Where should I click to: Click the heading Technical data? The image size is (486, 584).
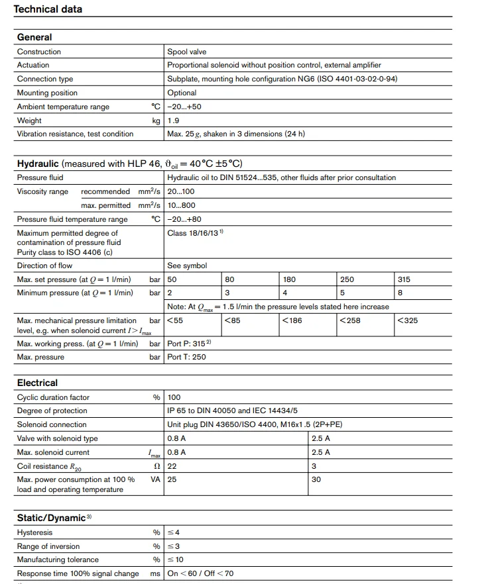tap(48, 9)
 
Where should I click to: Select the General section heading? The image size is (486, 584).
tap(34, 38)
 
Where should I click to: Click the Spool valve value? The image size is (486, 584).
tap(187, 52)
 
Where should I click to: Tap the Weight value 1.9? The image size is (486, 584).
tap(173, 121)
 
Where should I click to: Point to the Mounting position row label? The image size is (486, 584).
tap(47, 93)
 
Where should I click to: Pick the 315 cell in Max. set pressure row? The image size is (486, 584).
tap(404, 279)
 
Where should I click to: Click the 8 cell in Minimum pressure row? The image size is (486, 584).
tap(400, 293)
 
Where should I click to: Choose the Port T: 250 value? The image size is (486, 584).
tap(186, 357)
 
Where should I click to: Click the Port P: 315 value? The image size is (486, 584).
tap(188, 344)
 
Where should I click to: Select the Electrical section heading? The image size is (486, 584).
tap(37, 383)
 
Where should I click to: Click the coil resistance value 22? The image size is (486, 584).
tap(172, 465)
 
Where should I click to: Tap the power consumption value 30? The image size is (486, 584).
tap(316, 479)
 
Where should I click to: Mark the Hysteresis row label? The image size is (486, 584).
tap(34, 532)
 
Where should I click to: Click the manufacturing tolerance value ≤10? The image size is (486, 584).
tap(176, 560)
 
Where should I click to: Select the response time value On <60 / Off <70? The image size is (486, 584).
tap(200, 573)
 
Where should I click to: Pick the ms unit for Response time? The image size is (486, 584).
tap(155, 573)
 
